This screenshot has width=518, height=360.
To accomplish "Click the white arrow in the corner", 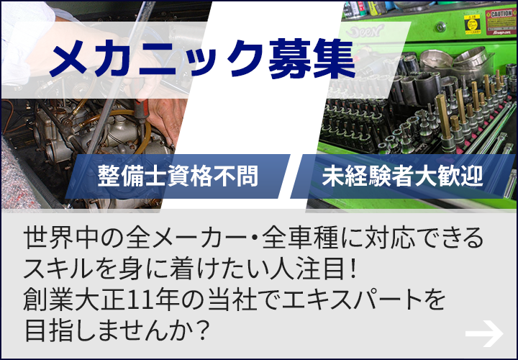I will coord(483,332).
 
